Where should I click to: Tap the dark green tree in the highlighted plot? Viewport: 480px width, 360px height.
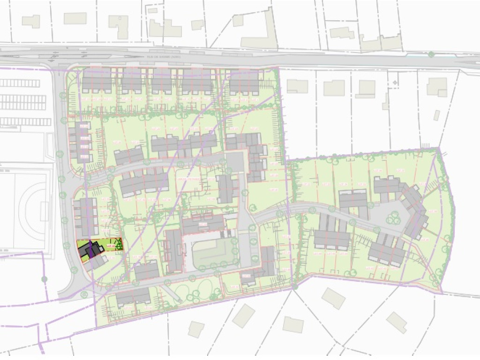[x=119, y=244]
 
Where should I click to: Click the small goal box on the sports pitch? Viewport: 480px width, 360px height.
[x=44, y=211]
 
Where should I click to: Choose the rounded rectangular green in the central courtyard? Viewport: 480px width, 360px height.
[x=214, y=253]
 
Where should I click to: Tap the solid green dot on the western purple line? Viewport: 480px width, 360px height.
[x=44, y=279]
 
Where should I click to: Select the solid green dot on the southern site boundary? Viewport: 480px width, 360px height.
[x=294, y=286]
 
